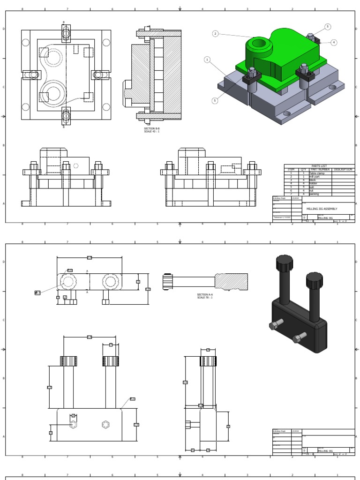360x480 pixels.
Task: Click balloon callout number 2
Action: (215, 34)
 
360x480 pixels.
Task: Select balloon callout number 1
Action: (207, 60)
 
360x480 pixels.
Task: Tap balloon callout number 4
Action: (334, 42)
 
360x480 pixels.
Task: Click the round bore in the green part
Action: (259, 44)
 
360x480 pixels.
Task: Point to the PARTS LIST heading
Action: (319, 166)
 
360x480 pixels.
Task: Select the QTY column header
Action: (303, 170)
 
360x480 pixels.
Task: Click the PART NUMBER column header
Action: (320, 170)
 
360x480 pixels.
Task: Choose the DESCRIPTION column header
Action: (343, 170)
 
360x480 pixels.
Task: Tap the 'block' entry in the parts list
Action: (313, 180)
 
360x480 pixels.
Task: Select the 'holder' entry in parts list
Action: (313, 183)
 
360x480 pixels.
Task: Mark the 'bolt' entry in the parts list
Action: (312, 187)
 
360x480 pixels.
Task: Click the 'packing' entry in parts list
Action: (314, 194)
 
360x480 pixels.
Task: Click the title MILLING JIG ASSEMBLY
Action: (322, 209)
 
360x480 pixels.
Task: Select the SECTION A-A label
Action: (205, 295)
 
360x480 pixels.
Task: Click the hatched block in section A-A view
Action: (231, 281)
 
